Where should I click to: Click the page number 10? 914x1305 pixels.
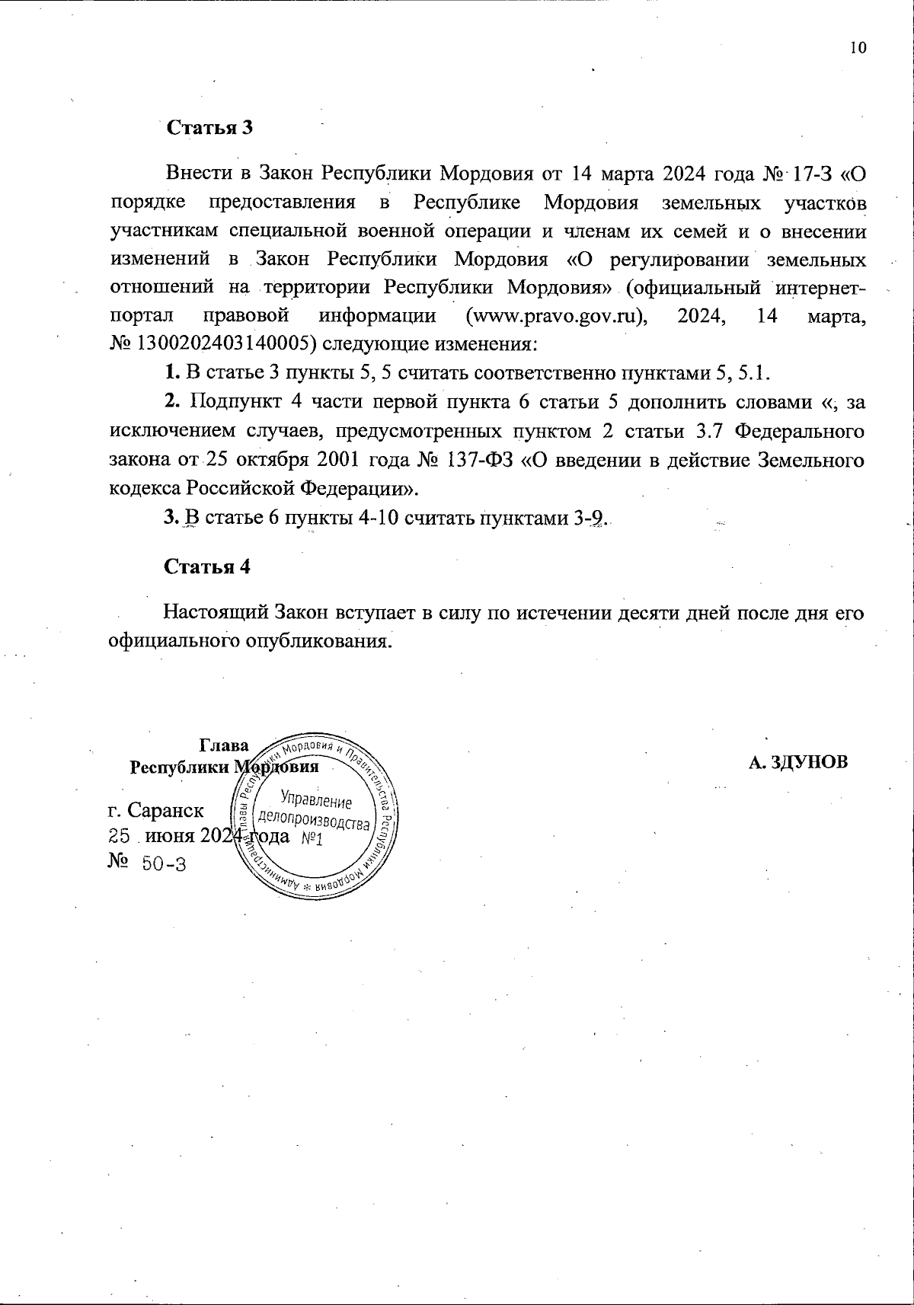coord(858,48)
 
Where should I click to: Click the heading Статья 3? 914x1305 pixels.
coord(209,127)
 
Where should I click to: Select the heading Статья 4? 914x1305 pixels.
coord(207,566)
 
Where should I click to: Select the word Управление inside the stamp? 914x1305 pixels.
coord(315,799)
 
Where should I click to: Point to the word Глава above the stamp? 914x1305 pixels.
coord(223,745)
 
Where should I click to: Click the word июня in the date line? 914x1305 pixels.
coord(170,837)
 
